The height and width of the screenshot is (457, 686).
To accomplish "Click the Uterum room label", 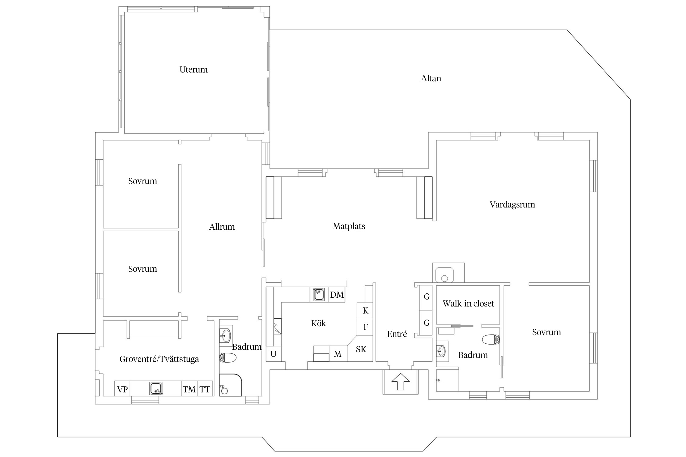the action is (x=193, y=70).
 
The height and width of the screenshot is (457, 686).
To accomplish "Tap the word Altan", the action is (x=431, y=79).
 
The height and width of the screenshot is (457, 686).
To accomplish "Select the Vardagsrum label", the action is (x=512, y=205).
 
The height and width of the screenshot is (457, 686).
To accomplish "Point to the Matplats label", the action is (x=349, y=226).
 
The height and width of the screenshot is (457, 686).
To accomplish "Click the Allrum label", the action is (x=222, y=227).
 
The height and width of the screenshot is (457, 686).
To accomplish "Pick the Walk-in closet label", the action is (x=468, y=303).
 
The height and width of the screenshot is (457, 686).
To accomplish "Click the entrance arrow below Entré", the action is (x=400, y=382).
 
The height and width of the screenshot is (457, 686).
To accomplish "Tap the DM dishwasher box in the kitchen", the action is (x=337, y=295).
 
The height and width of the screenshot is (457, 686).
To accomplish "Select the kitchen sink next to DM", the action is (x=319, y=295).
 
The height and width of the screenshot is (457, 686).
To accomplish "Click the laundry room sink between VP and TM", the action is (x=156, y=388).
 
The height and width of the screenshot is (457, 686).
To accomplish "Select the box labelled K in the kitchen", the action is (x=365, y=311).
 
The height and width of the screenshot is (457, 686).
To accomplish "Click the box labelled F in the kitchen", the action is (x=365, y=327).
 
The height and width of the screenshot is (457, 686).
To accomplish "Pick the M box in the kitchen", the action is (x=338, y=354).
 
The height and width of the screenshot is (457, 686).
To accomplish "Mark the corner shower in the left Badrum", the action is (x=230, y=385).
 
